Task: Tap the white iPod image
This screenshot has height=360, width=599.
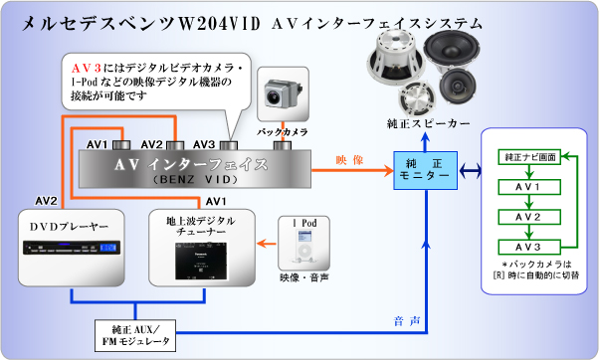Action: click(303, 246)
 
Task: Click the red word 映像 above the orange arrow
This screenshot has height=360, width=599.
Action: click(349, 158)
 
